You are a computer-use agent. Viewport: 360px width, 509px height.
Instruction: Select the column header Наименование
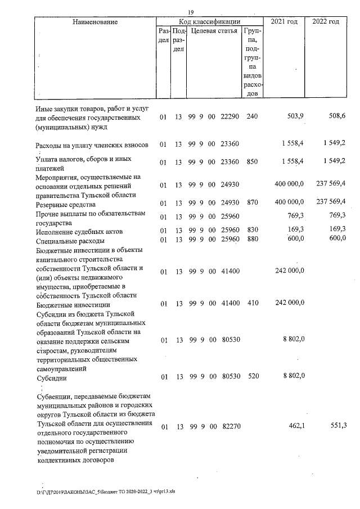[95, 21]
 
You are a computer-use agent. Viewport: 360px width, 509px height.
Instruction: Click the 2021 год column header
[284, 21]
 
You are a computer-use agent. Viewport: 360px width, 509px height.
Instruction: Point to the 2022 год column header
[326, 21]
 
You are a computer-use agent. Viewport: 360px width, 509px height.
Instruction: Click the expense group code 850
[252, 162]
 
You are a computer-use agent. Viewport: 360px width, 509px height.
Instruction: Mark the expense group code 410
[252, 304]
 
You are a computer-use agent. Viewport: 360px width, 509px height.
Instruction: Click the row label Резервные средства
[63, 205]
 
